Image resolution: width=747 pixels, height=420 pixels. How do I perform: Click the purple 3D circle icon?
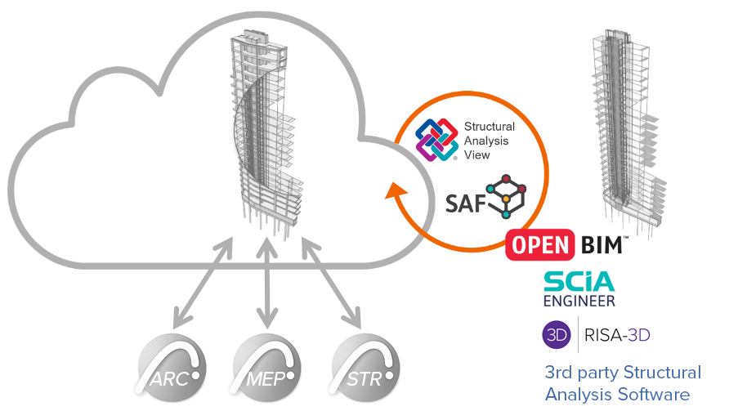pyautogui.click(x=557, y=334)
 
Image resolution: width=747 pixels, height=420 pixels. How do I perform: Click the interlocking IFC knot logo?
pyautogui.click(x=436, y=139)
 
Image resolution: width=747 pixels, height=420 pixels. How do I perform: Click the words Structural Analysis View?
pyautogui.click(x=489, y=140)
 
